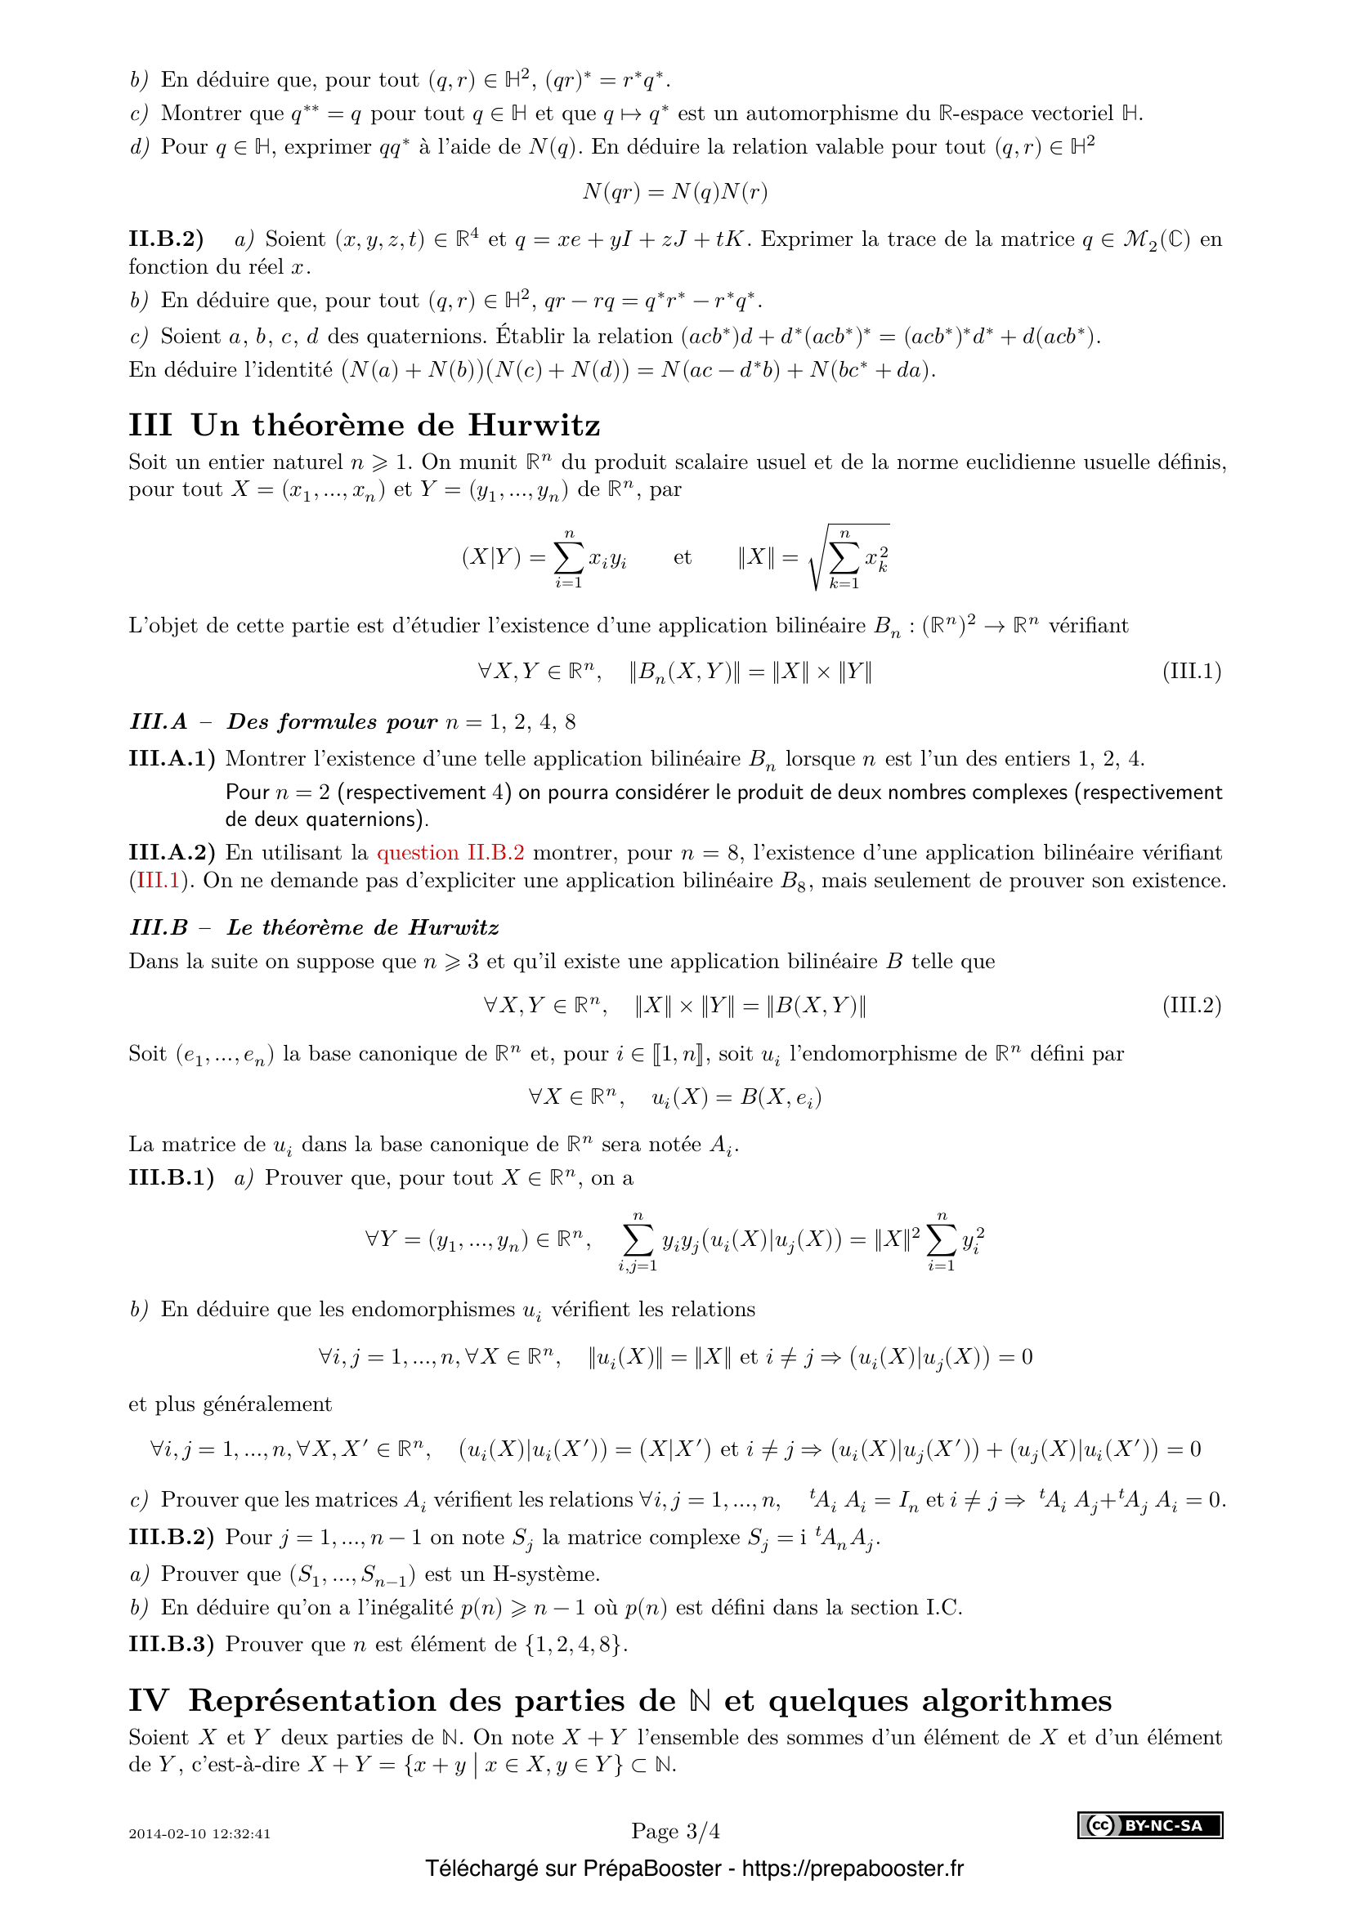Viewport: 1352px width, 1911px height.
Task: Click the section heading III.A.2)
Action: click(x=172, y=852)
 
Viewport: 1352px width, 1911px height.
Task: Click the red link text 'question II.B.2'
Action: click(x=450, y=852)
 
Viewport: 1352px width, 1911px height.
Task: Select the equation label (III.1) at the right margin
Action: click(x=1191, y=672)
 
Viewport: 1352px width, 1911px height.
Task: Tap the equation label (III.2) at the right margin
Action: click(x=1191, y=1006)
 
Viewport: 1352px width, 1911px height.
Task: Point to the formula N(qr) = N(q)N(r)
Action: click(x=674, y=192)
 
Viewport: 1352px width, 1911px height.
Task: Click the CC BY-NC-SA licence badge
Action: click(x=1150, y=1825)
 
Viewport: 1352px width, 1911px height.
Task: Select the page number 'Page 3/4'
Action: click(x=675, y=1831)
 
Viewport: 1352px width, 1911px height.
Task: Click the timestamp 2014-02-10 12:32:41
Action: click(x=199, y=1833)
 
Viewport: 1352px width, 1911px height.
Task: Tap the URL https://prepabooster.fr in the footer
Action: click(x=853, y=1869)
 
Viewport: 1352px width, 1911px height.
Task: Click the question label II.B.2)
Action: click(x=166, y=239)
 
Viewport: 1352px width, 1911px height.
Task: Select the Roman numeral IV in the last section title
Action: click(x=149, y=1700)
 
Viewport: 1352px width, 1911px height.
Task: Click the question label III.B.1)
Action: click(x=171, y=1178)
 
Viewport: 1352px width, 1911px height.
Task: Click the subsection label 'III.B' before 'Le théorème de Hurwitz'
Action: click(x=159, y=927)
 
